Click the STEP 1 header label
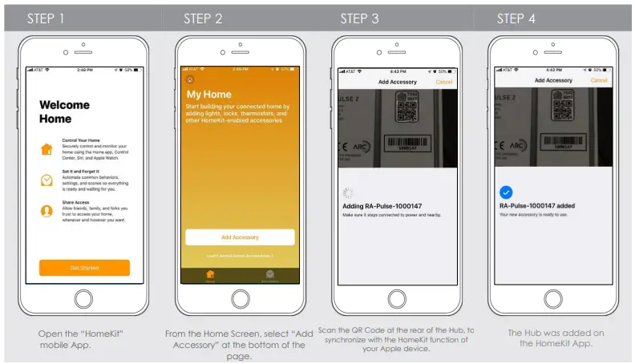pos(47,18)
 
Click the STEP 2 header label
pos(203,18)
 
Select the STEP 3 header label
pos(359,18)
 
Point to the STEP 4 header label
pos(516,18)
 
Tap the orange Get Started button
pos(84,268)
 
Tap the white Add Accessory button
pos(240,237)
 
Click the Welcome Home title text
pos(64,111)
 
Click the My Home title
pos(208,95)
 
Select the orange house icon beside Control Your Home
pos(47,149)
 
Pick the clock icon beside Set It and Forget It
pos(47,180)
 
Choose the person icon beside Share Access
pos(47,211)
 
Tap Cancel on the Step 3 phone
pos(443,82)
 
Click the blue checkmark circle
pos(505,192)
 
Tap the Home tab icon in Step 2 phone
pos(210,274)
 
